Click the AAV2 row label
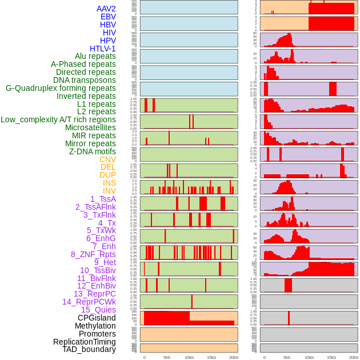[106, 9]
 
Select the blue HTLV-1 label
[102, 49]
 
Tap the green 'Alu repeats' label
[95, 56]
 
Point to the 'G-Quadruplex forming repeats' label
[61, 88]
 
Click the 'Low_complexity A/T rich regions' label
[58, 119]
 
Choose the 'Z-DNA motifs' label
[92, 151]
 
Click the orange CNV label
[107, 159]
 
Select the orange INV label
[109, 191]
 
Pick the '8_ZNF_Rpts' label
[93, 254]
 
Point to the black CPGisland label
[97, 318]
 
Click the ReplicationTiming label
[84, 342]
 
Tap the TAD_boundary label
[89, 349]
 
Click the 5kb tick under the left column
[167, 357]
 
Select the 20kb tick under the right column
[354, 357]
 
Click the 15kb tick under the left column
[211, 357]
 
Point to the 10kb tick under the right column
[309, 357]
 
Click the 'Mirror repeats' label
[90, 143]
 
